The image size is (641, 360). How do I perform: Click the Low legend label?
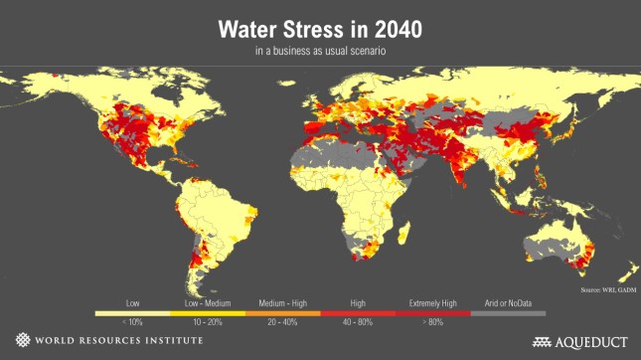tap(132, 301)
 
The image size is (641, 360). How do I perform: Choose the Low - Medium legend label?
tap(207, 301)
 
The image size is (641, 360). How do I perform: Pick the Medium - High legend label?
tap(282, 301)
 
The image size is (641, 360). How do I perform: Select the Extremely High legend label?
tap(432, 301)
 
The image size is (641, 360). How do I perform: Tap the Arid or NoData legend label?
tap(508, 301)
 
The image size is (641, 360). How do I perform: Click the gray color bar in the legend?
tap(508, 312)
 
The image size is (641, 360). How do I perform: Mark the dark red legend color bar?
tap(432, 312)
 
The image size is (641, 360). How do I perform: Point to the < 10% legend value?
tap(132, 322)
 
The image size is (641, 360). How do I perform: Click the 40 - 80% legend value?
tap(357, 322)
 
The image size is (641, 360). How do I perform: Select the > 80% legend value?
tap(432, 322)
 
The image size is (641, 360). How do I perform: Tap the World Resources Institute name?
tap(118, 341)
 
